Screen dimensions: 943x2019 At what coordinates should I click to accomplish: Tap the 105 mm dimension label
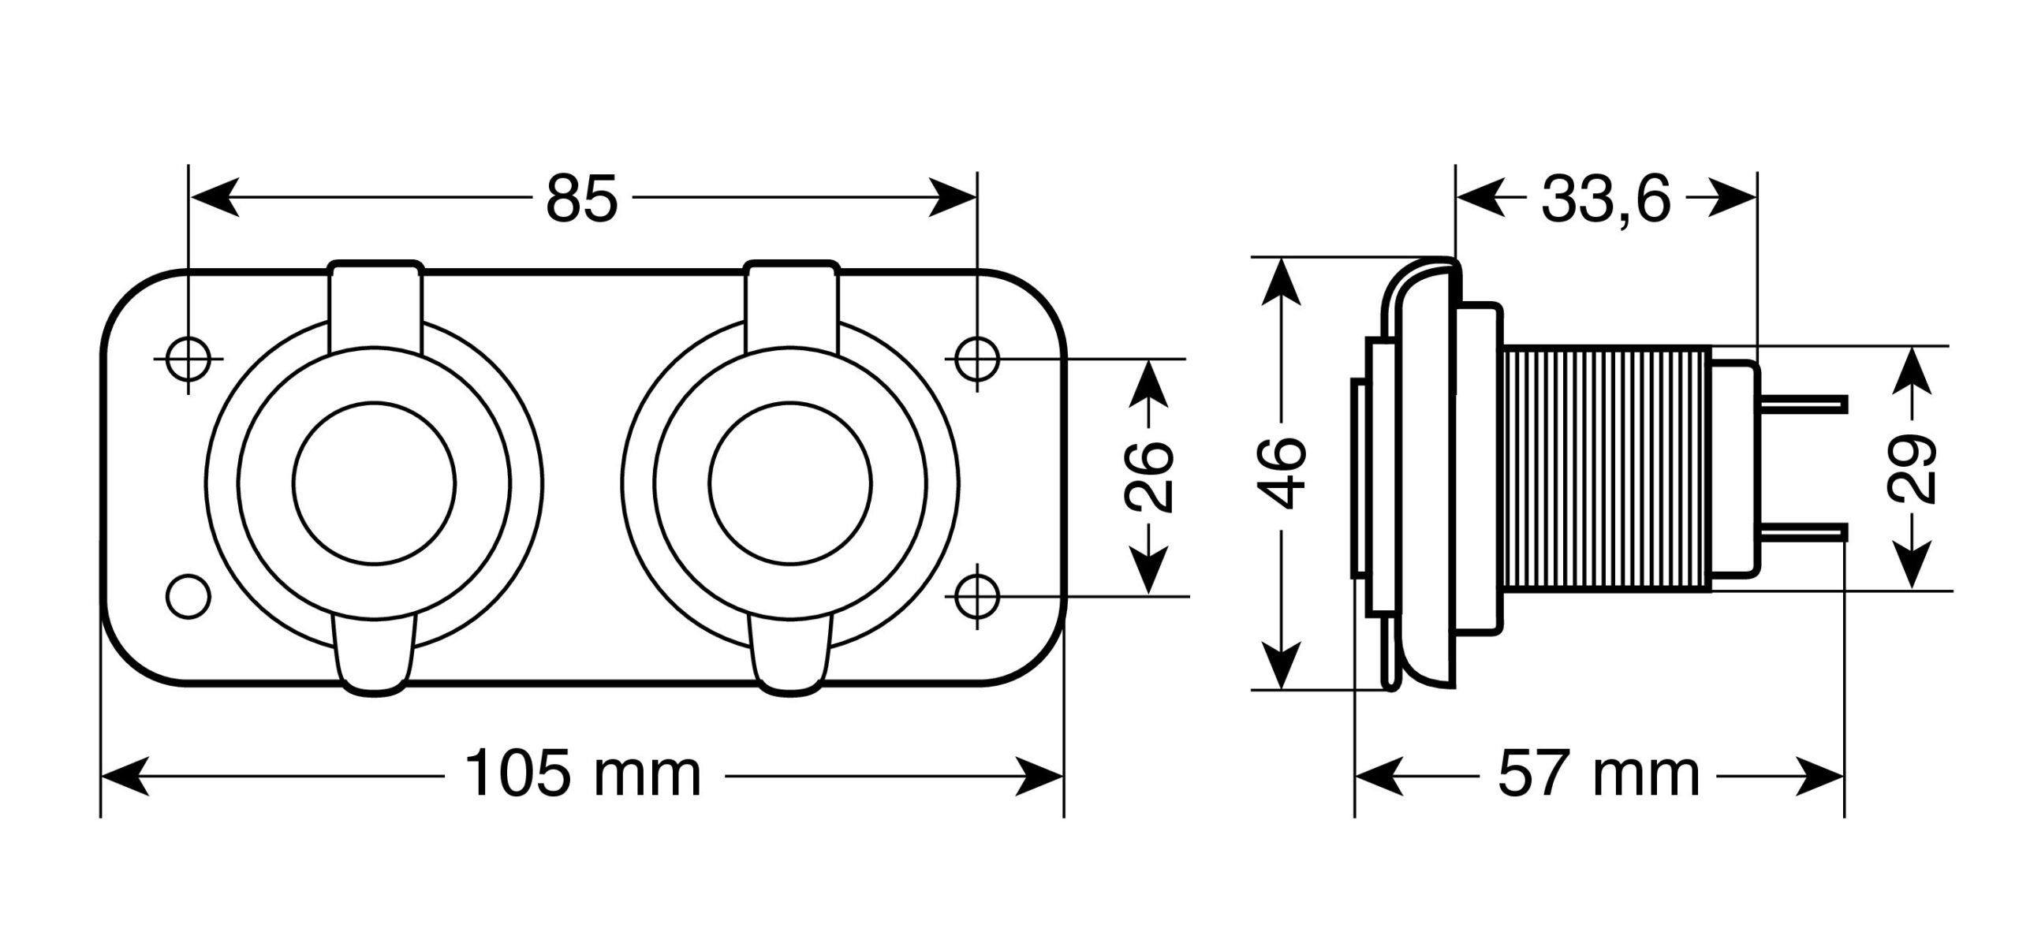[583, 775]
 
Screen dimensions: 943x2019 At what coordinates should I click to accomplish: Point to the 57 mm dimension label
[1599, 775]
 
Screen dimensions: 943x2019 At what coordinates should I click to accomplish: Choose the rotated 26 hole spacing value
[1148, 476]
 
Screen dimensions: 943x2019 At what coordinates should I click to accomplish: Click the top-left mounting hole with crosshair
[188, 360]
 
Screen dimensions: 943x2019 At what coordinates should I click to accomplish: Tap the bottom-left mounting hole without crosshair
[188, 595]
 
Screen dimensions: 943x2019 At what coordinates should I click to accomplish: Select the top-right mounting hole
[977, 360]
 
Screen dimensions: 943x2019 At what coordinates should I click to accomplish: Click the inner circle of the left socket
[374, 483]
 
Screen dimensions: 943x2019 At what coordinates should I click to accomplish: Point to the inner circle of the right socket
[790, 483]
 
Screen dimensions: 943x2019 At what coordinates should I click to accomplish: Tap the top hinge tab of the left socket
[375, 304]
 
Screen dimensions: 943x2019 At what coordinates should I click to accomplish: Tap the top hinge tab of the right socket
[791, 304]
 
